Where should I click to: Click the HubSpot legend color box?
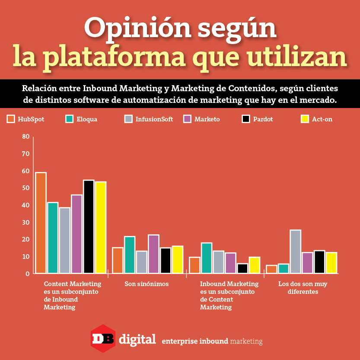click(11, 119)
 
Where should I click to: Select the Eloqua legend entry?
click(81, 119)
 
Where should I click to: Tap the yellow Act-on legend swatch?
click(305, 119)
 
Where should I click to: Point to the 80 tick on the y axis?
click(25, 137)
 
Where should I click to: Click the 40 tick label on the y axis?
click(25, 205)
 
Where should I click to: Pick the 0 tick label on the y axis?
click(27, 274)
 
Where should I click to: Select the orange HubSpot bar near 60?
click(41, 223)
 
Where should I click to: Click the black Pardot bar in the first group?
click(89, 226)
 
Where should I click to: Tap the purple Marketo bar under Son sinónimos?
click(153, 254)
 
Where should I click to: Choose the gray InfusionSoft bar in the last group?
click(296, 252)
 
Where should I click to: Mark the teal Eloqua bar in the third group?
click(207, 258)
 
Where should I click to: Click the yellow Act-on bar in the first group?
click(101, 227)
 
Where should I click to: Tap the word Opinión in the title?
click(125, 29)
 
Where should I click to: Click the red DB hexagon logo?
click(102, 338)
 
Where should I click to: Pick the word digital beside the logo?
click(137, 339)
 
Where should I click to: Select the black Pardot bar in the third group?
click(242, 268)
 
